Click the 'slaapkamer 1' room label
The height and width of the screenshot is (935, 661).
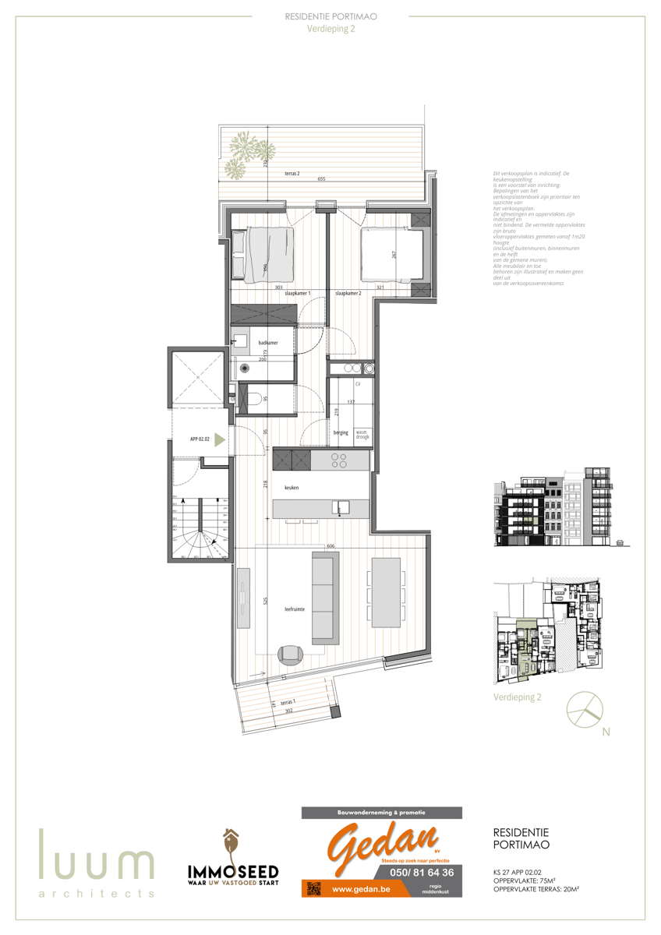click(298, 293)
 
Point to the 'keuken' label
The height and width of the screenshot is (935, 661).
click(292, 488)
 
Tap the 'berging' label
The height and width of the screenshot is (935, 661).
click(340, 432)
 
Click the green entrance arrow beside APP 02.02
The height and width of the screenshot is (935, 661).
click(220, 439)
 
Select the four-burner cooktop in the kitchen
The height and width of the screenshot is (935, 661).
click(339, 460)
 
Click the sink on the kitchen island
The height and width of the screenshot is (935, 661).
click(340, 508)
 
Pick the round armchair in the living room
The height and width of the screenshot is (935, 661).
click(290, 654)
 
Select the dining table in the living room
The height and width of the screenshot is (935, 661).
click(387, 591)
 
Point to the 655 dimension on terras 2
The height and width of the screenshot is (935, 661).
click(321, 179)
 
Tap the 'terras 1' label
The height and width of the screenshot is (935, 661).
click(288, 702)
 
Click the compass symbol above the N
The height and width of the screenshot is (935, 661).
click(584, 708)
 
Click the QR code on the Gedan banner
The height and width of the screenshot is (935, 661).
click(313, 888)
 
